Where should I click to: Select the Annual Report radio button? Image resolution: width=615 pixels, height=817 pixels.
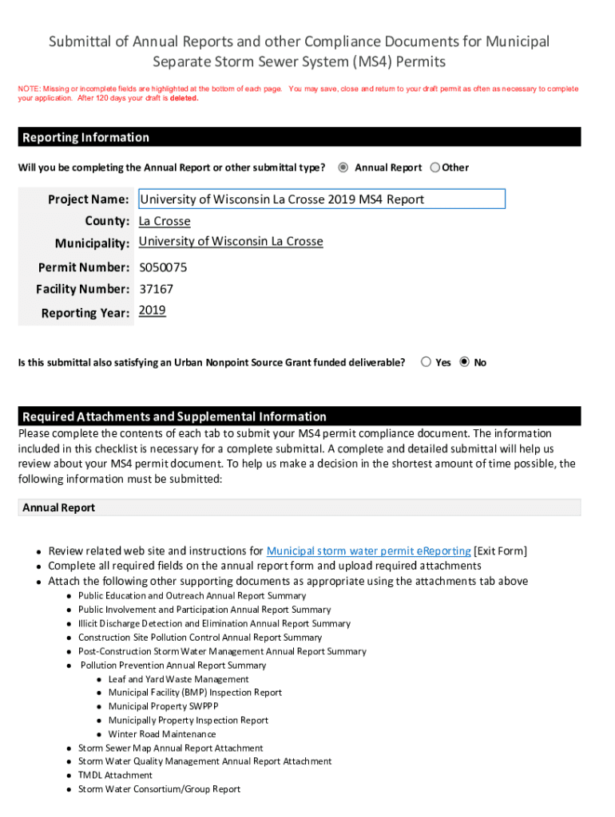343,168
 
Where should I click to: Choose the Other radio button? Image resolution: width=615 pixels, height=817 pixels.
434,168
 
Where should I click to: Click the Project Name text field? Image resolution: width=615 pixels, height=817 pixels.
321,199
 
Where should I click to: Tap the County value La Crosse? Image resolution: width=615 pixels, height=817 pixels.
165,221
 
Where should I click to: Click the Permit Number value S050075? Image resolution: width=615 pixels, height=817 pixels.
163,267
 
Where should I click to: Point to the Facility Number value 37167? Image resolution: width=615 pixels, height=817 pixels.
156,289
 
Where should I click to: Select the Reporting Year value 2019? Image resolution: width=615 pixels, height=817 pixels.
153,310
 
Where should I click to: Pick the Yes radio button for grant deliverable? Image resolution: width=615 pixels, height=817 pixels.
427,362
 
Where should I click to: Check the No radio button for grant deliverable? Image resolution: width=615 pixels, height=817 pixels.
465,362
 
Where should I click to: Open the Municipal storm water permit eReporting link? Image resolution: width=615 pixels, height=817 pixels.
368,551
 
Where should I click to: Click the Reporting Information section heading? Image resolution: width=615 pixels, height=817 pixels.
85,137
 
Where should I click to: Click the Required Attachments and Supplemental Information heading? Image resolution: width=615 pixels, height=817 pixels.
174,416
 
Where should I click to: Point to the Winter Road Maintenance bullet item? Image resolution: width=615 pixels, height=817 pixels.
161,734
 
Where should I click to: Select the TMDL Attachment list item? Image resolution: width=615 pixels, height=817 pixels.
115,775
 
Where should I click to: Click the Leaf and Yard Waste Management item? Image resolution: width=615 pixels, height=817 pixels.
178,679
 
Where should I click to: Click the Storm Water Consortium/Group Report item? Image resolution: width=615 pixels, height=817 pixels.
159,789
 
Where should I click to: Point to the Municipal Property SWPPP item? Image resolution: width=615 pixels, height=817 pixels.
163,706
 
